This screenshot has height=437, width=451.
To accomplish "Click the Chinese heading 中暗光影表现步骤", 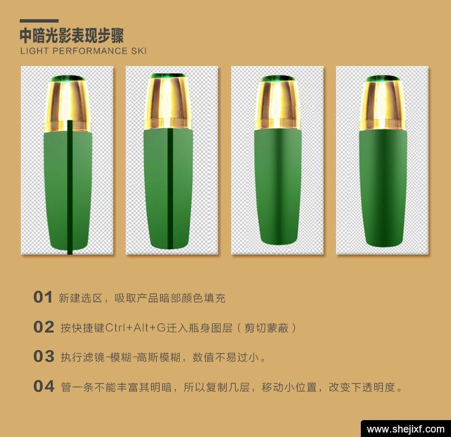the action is pyautogui.click(x=72, y=36).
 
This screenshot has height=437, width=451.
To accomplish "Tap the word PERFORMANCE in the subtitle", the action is pyautogui.click(x=90, y=51).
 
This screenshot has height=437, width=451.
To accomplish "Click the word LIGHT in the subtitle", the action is pyautogui.click(x=34, y=51).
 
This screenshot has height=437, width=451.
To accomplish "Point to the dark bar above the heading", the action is pyautogui.click(x=39, y=21).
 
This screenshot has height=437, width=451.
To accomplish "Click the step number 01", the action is pyautogui.click(x=43, y=297).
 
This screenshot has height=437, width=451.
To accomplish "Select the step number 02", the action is pyautogui.click(x=43, y=327).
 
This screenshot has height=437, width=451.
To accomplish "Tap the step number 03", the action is pyautogui.click(x=43, y=356).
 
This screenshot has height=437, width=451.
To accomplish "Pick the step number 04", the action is pyautogui.click(x=43, y=386).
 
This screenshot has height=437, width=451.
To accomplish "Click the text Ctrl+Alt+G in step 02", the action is pyautogui.click(x=135, y=328).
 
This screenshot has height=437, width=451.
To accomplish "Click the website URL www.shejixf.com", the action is pyautogui.click(x=406, y=429).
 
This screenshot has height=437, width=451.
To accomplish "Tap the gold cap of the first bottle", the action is pyautogui.click(x=68, y=105).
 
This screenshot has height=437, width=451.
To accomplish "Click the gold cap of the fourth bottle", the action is pyautogui.click(x=383, y=104).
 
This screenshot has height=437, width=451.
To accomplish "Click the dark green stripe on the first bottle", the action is pyautogui.click(x=69, y=187).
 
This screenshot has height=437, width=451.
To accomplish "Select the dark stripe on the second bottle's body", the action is pyautogui.click(x=170, y=189).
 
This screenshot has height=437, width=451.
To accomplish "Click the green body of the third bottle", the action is pyautogui.click(x=278, y=187).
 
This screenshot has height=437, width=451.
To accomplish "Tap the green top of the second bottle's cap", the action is pyautogui.click(x=168, y=76).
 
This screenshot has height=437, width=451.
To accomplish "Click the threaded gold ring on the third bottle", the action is pyautogui.click(x=278, y=123).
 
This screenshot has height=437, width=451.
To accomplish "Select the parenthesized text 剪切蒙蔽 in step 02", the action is pyautogui.click(x=266, y=328).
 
